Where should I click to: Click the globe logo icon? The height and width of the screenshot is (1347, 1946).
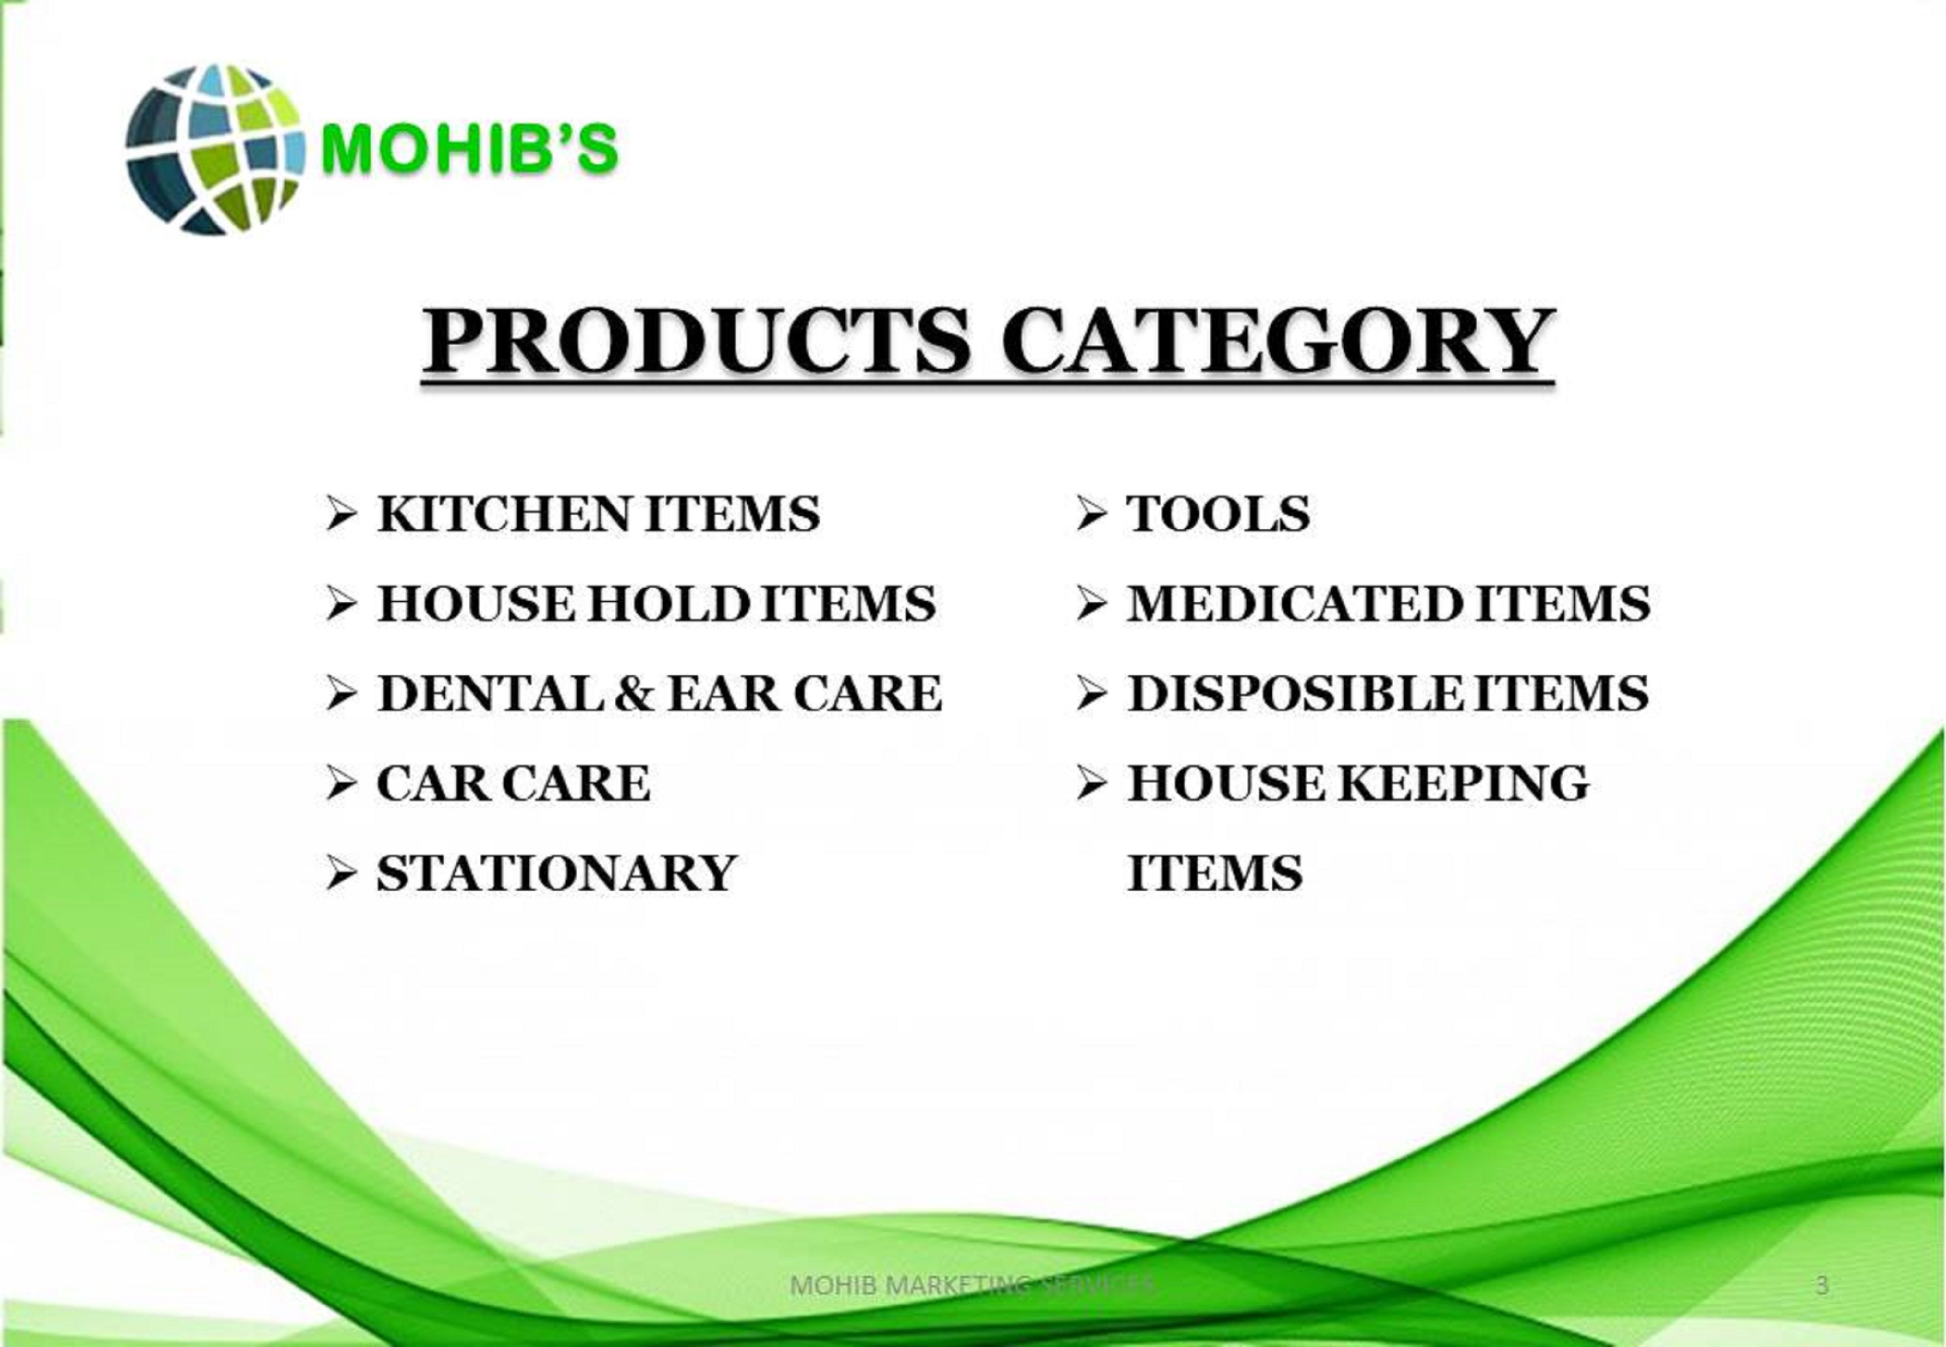click(215, 149)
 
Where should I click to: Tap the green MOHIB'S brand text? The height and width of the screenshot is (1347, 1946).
click(470, 149)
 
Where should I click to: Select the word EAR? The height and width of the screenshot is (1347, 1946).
click(725, 694)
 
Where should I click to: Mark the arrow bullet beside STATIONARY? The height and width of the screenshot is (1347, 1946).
click(341, 874)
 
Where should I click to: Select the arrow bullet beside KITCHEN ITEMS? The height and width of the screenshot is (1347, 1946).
click(341, 514)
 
